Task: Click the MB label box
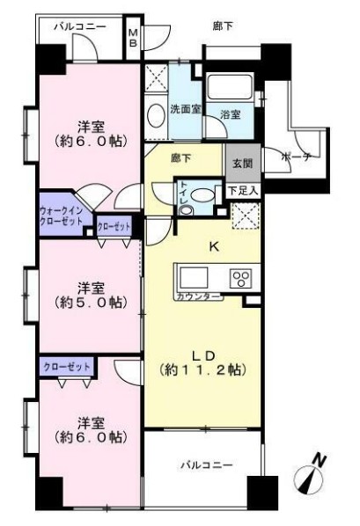tap(133, 39)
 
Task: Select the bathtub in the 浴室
tap(229, 88)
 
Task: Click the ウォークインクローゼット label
tap(62, 216)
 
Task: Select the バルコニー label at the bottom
tap(206, 463)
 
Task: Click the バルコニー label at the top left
tap(79, 27)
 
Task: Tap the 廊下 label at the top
tap(224, 27)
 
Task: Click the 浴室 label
tap(231, 114)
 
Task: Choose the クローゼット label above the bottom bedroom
tap(64, 364)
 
